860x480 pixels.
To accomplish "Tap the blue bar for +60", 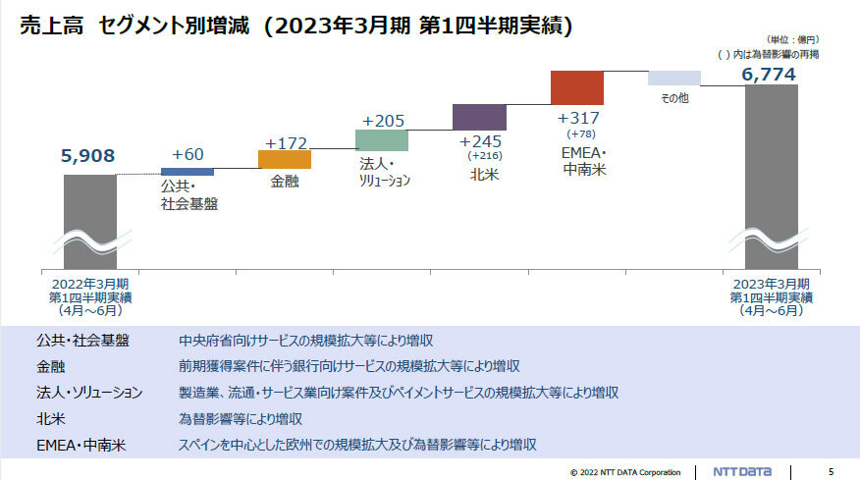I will [x=187, y=172].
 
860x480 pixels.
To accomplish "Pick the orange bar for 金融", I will [x=284, y=159].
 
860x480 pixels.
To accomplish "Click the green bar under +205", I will [x=381, y=140].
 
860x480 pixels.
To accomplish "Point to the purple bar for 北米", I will [x=479, y=118].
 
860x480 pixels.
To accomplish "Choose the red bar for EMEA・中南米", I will [x=576, y=87].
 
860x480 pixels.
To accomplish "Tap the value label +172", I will [x=286, y=141].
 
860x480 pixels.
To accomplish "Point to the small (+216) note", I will [x=486, y=155].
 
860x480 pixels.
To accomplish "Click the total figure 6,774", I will [x=769, y=74].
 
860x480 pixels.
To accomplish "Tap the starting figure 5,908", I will [x=87, y=155].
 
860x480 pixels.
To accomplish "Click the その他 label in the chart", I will [x=674, y=98].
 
